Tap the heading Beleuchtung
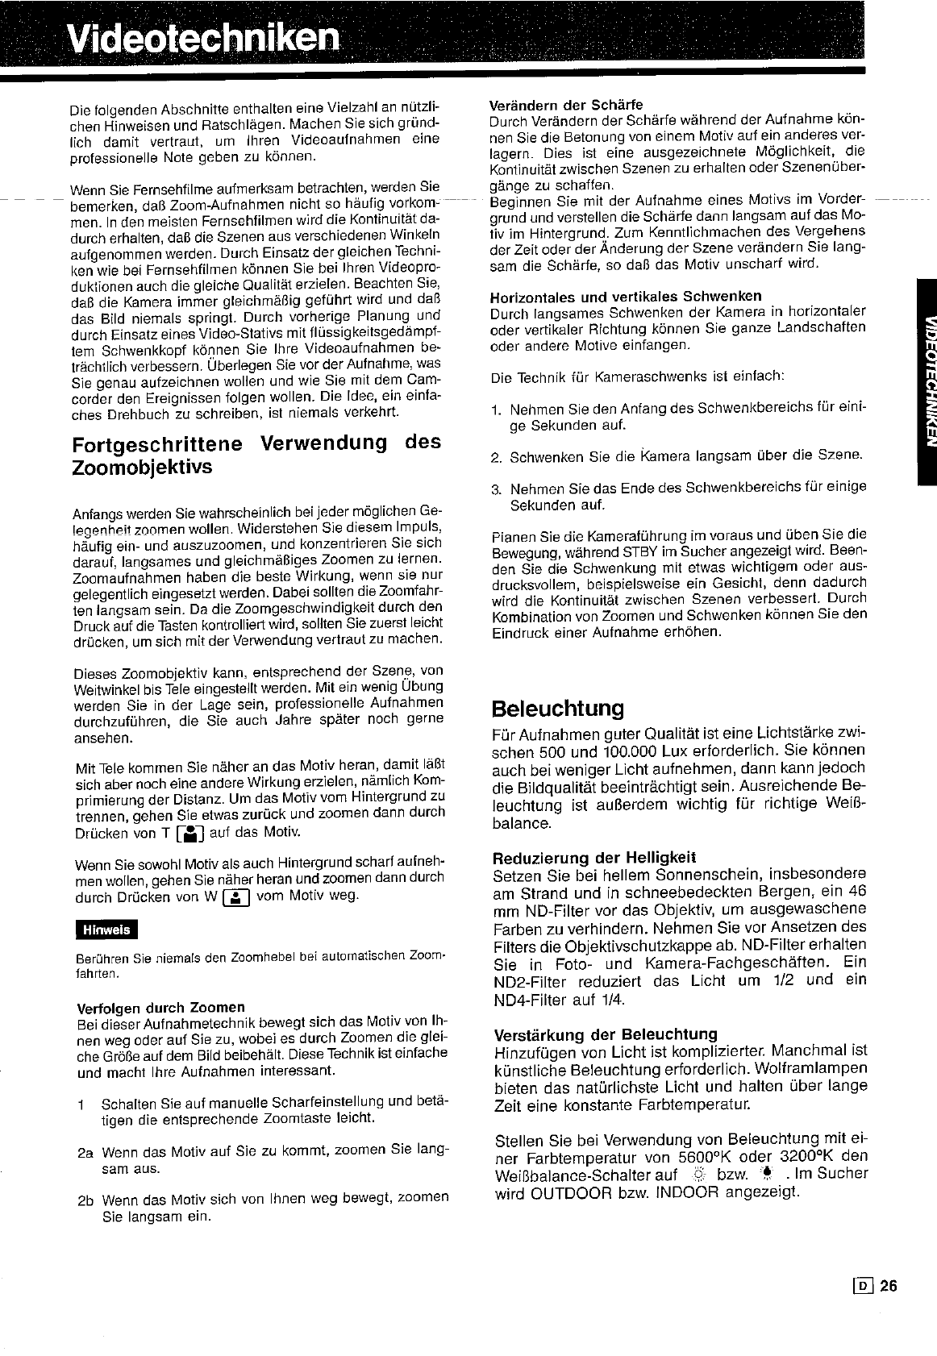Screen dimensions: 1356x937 pyautogui.click(x=557, y=709)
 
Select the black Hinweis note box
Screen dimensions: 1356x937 pyautogui.click(x=106, y=930)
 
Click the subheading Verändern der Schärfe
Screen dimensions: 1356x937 pyautogui.click(x=566, y=105)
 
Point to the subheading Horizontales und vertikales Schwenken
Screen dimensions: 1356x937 pyautogui.click(x=626, y=295)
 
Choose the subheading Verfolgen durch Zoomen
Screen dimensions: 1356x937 pyautogui.click(x=160, y=1007)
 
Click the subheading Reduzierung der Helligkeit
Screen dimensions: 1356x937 pyautogui.click(x=593, y=856)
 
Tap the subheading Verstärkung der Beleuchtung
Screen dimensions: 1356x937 pyautogui.click(x=605, y=1034)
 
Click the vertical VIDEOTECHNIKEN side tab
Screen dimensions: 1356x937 pyautogui.click(x=926, y=382)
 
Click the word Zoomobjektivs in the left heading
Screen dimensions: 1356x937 pyautogui.click(x=142, y=467)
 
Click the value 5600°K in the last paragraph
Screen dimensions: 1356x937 pyautogui.click(x=719, y=1156)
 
